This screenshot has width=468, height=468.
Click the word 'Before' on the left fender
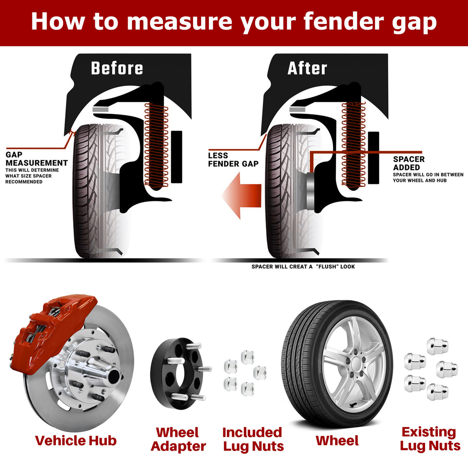[117, 68]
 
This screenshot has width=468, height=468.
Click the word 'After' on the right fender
[307, 69]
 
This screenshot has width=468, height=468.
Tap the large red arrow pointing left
[242, 196]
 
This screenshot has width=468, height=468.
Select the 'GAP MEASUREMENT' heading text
[37, 159]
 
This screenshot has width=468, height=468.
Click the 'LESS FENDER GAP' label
[233, 160]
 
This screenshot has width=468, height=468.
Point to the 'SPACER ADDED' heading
[409, 163]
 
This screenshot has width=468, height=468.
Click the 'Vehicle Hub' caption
[76, 440]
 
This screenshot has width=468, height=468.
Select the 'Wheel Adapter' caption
[178, 439]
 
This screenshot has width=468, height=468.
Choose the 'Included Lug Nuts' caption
[253, 439]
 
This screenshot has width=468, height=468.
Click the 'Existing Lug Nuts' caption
[429, 439]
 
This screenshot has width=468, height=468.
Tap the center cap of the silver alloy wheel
[355, 363]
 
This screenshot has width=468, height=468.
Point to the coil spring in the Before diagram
[156, 146]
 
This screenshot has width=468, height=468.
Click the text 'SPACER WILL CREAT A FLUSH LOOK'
[303, 266]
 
